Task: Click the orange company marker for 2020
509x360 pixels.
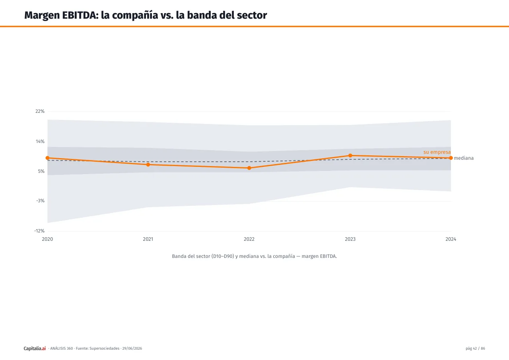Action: pyautogui.click(x=47, y=158)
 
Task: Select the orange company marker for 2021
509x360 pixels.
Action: pyautogui.click(x=148, y=165)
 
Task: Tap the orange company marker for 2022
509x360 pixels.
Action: pyautogui.click(x=249, y=168)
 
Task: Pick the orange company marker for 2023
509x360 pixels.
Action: pyautogui.click(x=350, y=155)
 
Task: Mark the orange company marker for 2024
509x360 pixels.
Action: pyautogui.click(x=451, y=158)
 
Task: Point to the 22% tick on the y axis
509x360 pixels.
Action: pyautogui.click(x=40, y=111)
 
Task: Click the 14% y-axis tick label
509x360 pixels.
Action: pyautogui.click(x=40, y=141)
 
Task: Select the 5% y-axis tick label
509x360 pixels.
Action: pyautogui.click(x=41, y=171)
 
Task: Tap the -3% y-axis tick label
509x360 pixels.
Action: pyautogui.click(x=40, y=201)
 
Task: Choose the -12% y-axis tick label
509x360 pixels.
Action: pyautogui.click(x=39, y=231)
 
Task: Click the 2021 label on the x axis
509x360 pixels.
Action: pyautogui.click(x=148, y=239)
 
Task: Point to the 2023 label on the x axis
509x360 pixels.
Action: pyautogui.click(x=350, y=239)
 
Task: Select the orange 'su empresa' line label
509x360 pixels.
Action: pyautogui.click(x=437, y=152)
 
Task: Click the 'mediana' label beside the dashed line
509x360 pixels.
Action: pyautogui.click(x=464, y=158)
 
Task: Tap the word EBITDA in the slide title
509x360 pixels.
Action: pyautogui.click(x=80, y=15)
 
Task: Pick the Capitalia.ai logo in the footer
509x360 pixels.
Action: pyautogui.click(x=35, y=348)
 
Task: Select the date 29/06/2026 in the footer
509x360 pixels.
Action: pyautogui.click(x=132, y=348)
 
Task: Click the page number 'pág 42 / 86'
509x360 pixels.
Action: pyautogui.click(x=475, y=348)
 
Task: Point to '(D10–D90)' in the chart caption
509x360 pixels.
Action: pyautogui.click(x=223, y=256)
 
